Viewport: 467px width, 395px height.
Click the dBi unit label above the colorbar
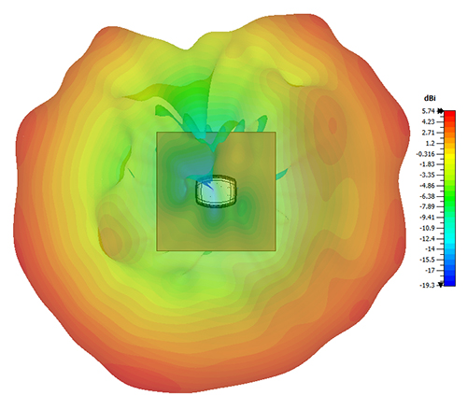430,98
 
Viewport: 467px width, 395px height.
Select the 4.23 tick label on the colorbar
429,121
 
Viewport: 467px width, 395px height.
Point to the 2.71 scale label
429,133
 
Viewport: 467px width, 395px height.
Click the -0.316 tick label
425,154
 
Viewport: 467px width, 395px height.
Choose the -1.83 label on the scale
427,164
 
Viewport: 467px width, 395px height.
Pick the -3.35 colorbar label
427,175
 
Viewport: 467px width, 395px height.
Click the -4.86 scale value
427,186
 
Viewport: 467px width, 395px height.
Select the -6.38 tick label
427,196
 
